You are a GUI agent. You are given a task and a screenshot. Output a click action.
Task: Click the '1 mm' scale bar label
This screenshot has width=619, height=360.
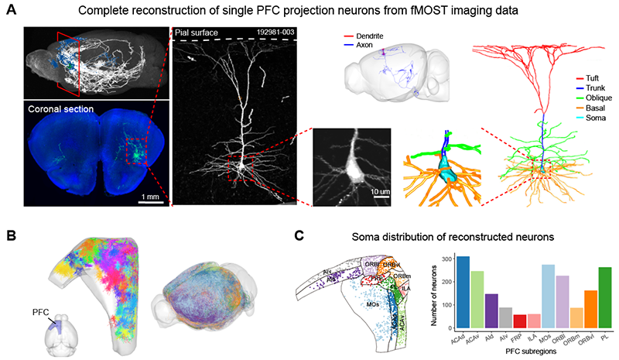pos(151,197)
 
